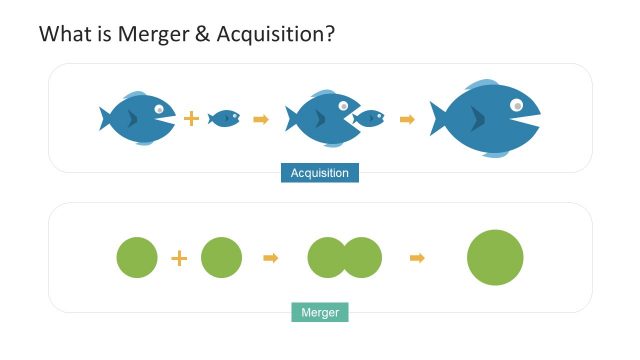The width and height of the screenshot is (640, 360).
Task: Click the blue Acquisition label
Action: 319,173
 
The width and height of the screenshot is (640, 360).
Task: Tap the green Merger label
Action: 319,313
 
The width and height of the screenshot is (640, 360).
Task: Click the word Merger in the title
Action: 151,34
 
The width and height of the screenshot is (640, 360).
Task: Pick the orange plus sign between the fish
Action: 191,119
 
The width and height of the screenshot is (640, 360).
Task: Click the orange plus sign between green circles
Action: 179,258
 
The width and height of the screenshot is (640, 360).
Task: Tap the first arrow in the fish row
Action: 261,119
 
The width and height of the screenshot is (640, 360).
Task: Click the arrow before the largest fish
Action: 407,119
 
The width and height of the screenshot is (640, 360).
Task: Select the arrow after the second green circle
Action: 269,258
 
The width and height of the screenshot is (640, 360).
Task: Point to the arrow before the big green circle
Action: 417,258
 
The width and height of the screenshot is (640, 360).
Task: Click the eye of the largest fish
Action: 516,104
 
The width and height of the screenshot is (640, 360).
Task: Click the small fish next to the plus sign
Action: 224,118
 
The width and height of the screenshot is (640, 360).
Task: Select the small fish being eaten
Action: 369,118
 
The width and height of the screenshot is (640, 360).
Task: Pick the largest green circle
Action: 495,257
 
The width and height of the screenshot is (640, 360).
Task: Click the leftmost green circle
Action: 137,257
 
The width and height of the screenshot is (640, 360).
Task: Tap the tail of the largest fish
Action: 440,118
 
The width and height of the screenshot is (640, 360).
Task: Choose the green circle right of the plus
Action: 221,257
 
